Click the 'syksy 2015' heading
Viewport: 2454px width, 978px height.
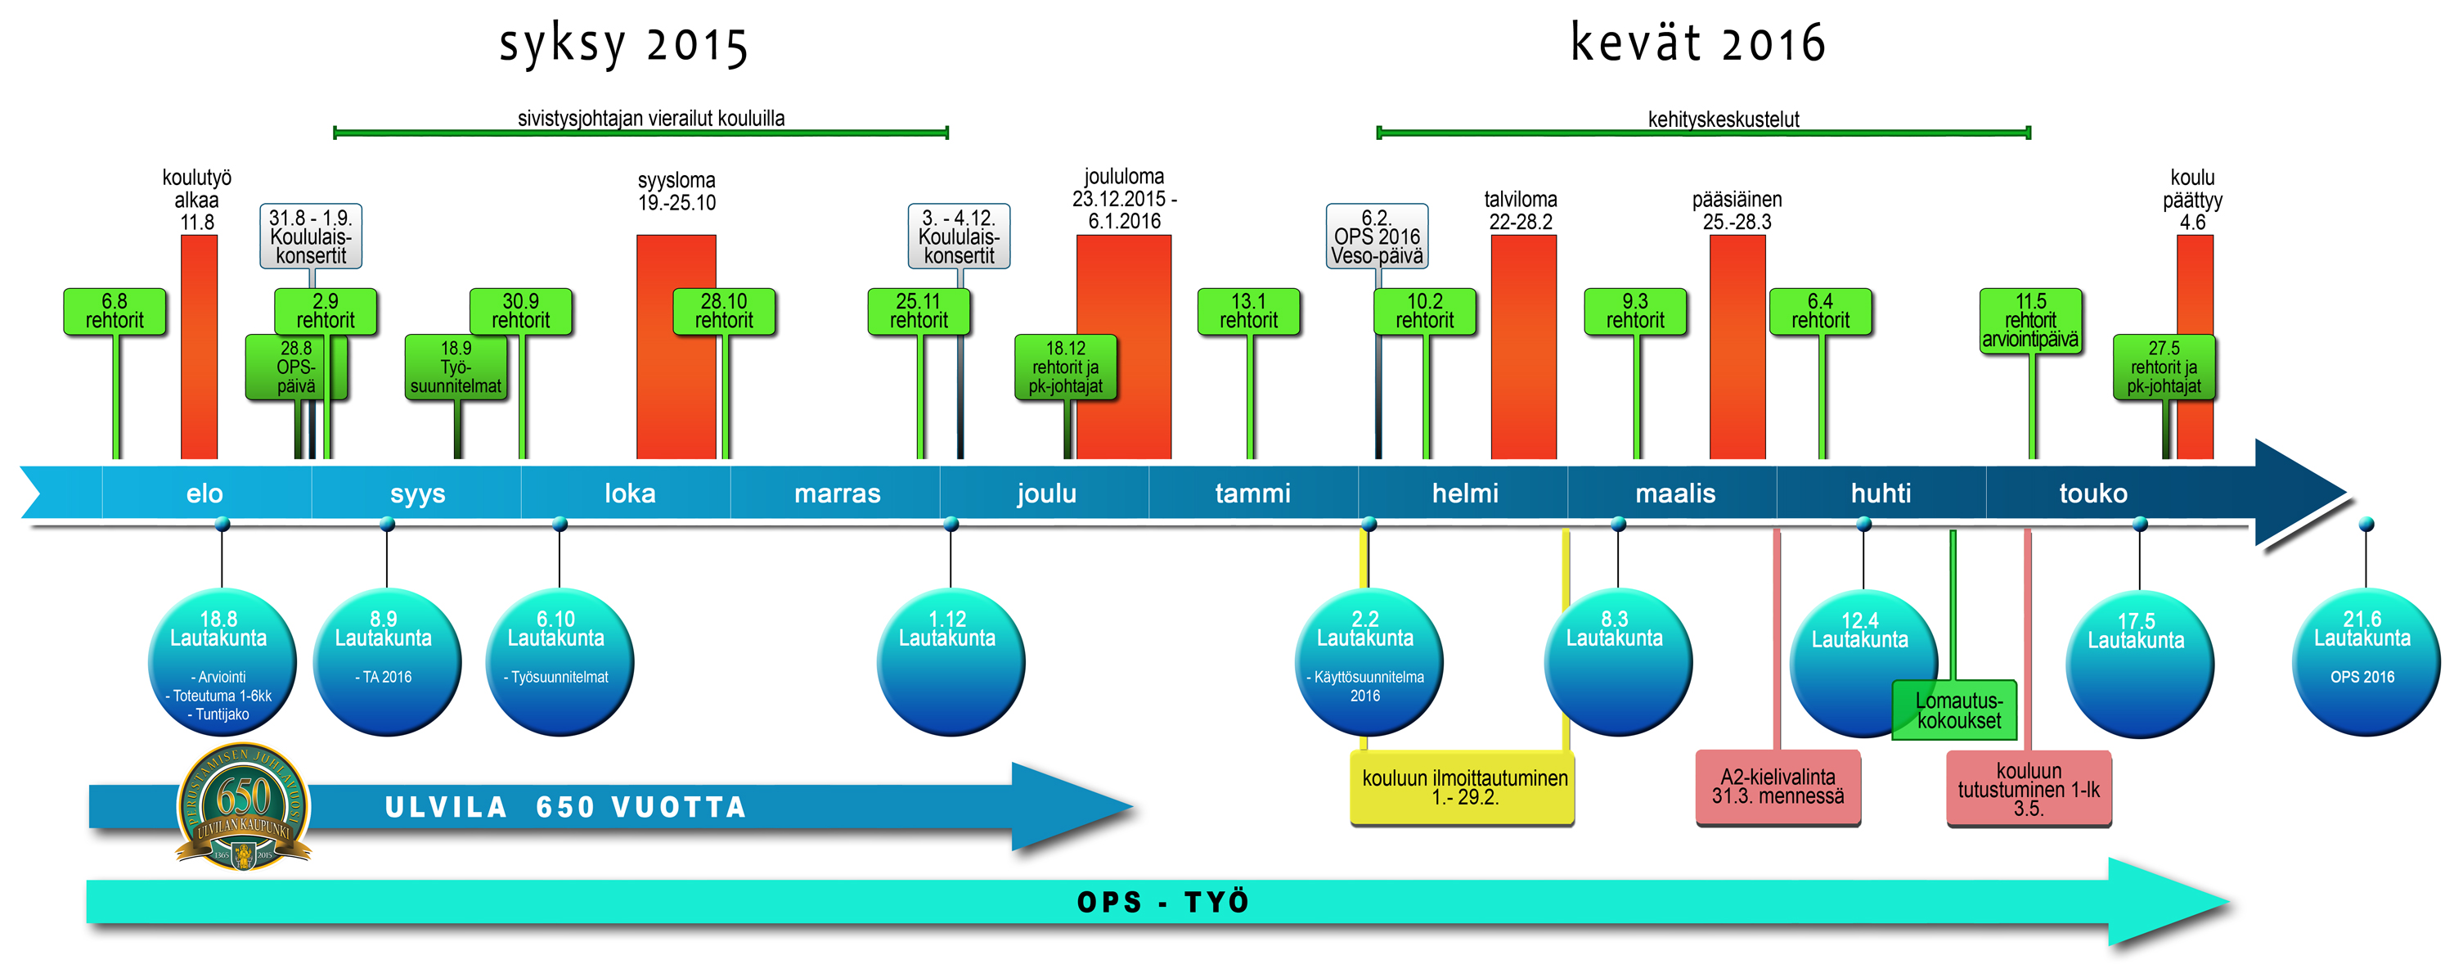[x=624, y=45]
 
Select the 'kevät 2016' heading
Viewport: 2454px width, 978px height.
[x=1697, y=43]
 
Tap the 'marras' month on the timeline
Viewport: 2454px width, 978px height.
[x=837, y=493]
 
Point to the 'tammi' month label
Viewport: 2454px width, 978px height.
[x=1252, y=493]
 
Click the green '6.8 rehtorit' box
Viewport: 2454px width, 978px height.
[x=115, y=312]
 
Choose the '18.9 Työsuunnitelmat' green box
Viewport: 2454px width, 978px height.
[x=456, y=367]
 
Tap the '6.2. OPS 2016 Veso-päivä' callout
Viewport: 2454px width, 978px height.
[x=1377, y=237]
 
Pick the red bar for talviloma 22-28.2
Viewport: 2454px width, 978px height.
[x=1522, y=348]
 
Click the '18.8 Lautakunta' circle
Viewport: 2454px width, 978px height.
[x=221, y=662]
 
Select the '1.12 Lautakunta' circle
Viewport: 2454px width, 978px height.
[x=950, y=662]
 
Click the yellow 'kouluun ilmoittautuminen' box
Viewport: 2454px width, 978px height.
[x=1463, y=787]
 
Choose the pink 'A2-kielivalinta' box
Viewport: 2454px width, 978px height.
[x=1778, y=787]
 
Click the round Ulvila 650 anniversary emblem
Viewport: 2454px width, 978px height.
[x=244, y=806]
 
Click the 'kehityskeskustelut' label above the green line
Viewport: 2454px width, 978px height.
[x=1724, y=119]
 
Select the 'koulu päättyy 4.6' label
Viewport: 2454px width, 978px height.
[x=2192, y=199]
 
